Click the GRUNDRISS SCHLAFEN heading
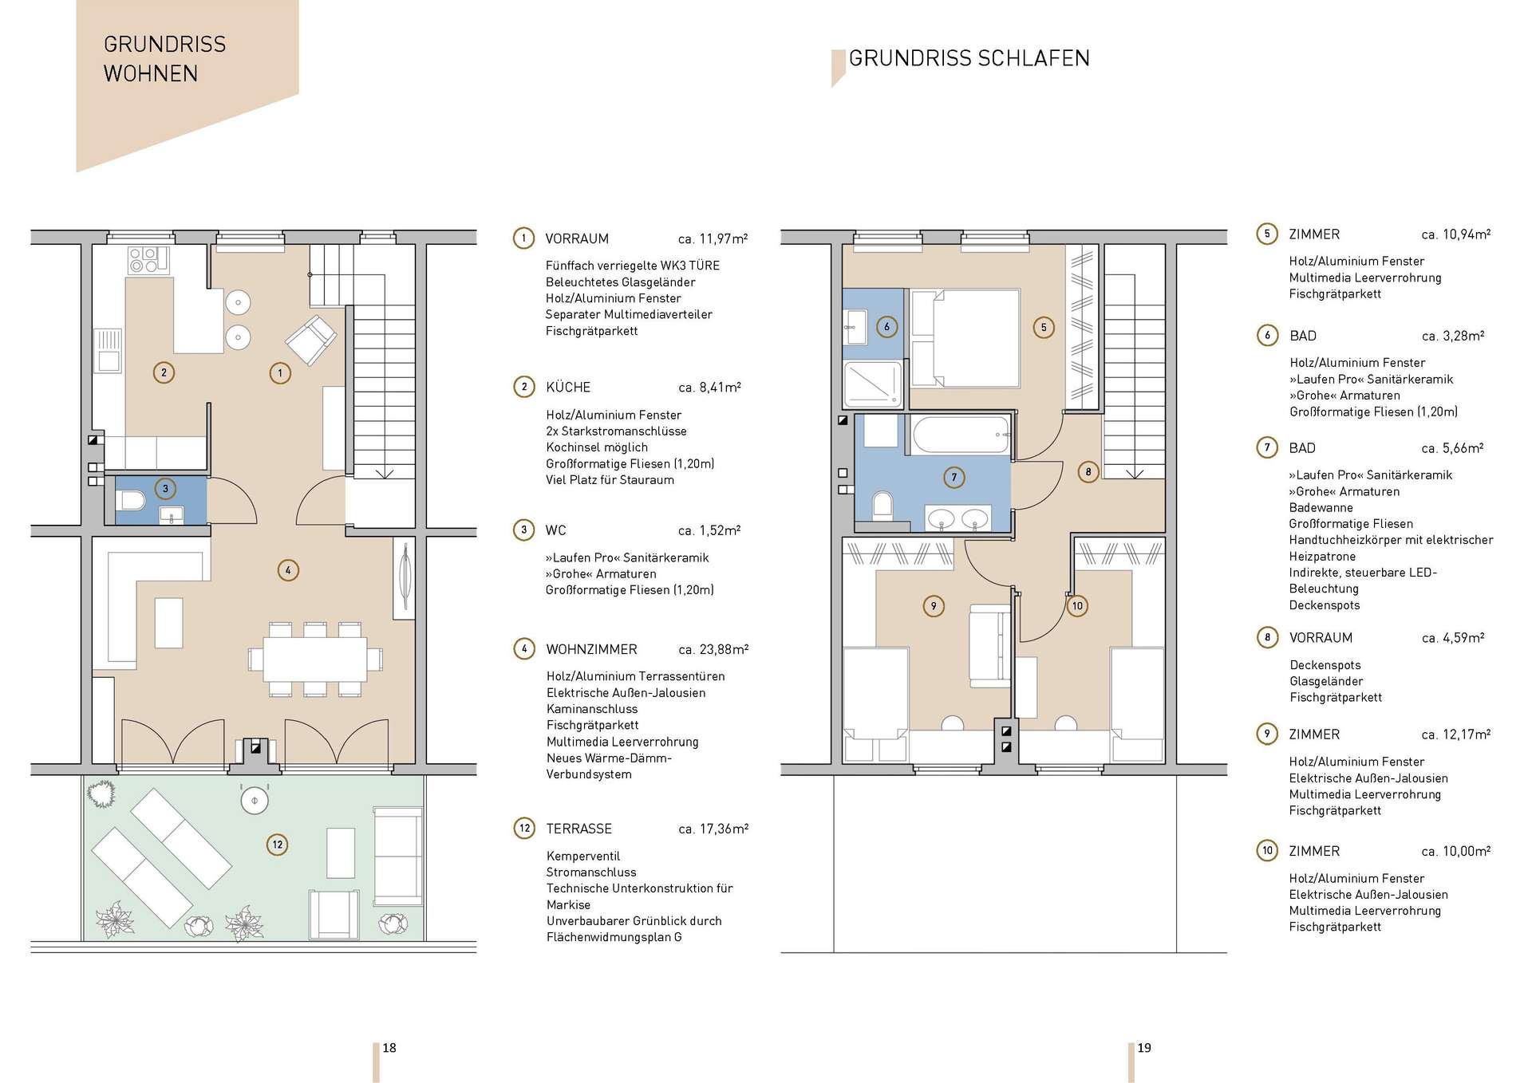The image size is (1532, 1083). click(x=969, y=58)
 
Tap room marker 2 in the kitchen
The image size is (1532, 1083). click(x=164, y=372)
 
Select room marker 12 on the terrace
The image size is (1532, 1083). click(x=278, y=845)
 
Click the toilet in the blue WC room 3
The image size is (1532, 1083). click(x=130, y=501)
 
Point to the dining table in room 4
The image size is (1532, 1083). click(x=315, y=659)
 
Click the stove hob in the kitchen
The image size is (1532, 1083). click(x=148, y=260)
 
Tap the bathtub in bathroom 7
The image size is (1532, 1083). click(x=961, y=435)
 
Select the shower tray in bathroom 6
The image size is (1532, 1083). click(x=873, y=384)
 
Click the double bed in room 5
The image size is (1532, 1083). click(x=966, y=339)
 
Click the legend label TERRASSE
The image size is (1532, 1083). click(x=579, y=829)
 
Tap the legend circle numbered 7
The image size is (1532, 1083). click(x=1267, y=447)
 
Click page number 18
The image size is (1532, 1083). click(x=389, y=1048)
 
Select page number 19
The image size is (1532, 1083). click(x=1144, y=1048)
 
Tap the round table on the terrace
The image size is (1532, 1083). click(x=255, y=800)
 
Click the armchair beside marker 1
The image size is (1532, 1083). click(x=311, y=340)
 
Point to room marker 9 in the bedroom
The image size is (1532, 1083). click(x=934, y=606)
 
